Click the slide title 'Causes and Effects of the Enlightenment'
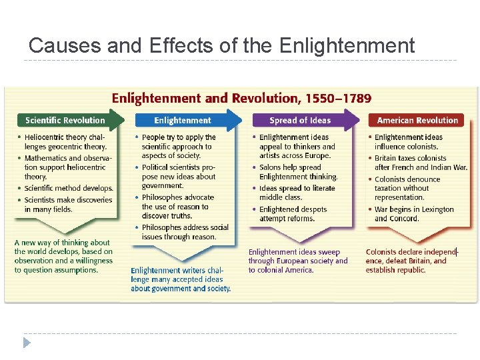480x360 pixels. [x=221, y=45]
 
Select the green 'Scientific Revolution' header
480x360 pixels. [x=65, y=121]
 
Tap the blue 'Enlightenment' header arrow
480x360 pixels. [x=183, y=121]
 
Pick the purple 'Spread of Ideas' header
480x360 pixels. [x=300, y=121]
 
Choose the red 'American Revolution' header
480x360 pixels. [x=417, y=121]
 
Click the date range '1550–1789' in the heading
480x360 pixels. [x=338, y=99]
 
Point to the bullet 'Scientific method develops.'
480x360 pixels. [x=68, y=189]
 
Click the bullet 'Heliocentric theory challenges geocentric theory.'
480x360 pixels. [x=65, y=142]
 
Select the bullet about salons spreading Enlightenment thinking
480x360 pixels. [x=298, y=172]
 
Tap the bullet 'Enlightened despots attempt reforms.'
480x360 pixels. [x=293, y=213]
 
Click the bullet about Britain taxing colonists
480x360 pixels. [x=420, y=163]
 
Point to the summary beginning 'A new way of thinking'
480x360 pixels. [x=63, y=257]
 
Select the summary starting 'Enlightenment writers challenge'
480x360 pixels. [x=180, y=279]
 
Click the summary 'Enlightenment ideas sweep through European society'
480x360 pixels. [x=298, y=261]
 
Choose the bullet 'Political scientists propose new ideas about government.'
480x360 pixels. [x=178, y=177]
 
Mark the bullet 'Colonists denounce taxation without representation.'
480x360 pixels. [x=408, y=189]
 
